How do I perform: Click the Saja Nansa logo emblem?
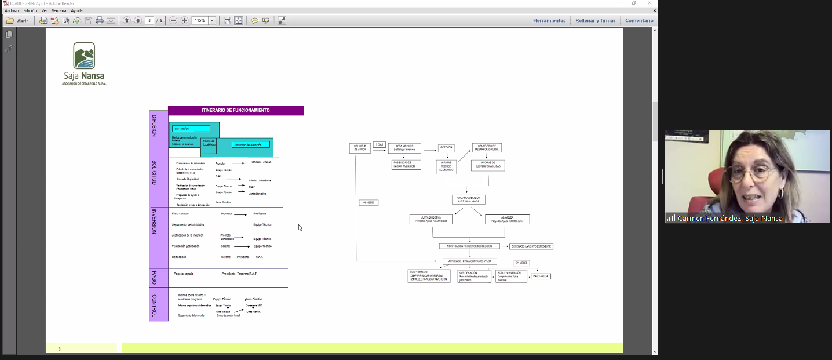(84, 56)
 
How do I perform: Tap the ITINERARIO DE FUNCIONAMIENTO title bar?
(235, 110)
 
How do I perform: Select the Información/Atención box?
(251, 144)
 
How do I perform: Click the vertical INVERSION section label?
(155, 221)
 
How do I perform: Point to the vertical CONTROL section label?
(155, 306)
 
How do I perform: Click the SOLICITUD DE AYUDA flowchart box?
(360, 148)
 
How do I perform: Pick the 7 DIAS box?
(379, 144)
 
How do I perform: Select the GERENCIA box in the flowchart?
(446, 147)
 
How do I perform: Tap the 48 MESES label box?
(368, 202)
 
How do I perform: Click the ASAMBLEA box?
(507, 219)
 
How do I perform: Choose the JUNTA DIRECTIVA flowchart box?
(430, 219)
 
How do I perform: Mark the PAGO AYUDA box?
(541, 276)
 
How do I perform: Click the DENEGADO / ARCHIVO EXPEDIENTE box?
(531, 246)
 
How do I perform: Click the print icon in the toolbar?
(100, 20)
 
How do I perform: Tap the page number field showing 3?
(150, 20)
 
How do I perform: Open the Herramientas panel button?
(549, 20)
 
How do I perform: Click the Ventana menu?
(59, 10)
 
